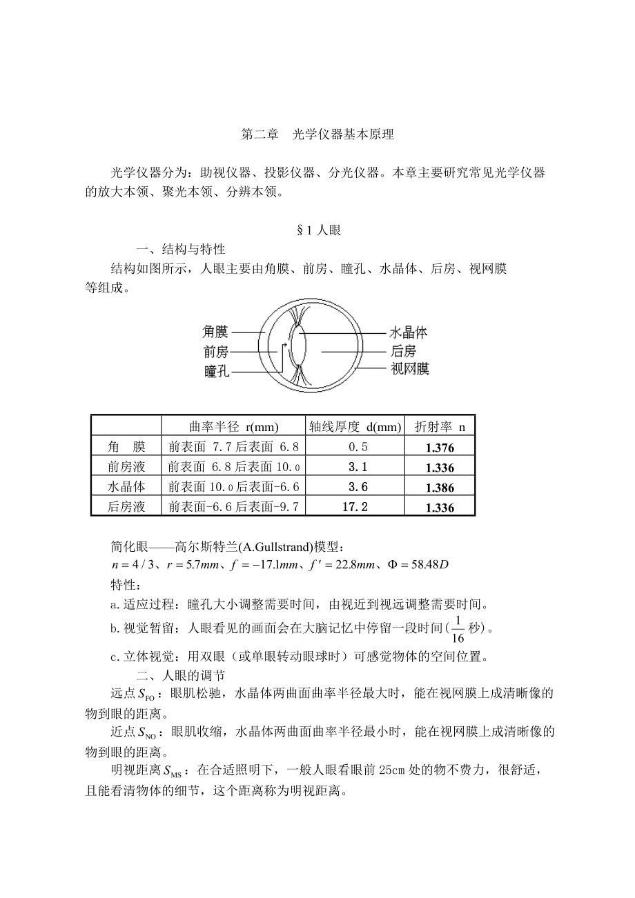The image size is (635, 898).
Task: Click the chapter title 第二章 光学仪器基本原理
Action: (317, 135)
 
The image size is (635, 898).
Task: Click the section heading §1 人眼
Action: (318, 230)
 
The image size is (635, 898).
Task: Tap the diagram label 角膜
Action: (215, 332)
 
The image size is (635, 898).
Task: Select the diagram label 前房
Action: (215, 352)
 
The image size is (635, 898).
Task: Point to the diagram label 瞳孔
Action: (216, 372)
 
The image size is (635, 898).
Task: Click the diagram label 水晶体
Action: (409, 332)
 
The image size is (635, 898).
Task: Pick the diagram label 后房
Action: (403, 351)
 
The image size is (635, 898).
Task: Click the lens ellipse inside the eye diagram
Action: (298, 348)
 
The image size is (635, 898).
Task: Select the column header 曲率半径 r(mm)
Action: (233, 427)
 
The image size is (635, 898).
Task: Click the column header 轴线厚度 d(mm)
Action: (355, 427)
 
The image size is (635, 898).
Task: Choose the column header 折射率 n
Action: (440, 427)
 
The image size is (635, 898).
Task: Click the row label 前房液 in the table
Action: (126, 467)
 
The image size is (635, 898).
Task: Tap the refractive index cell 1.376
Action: (440, 448)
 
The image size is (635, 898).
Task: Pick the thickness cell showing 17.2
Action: (355, 507)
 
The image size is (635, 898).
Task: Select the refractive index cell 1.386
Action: (440, 488)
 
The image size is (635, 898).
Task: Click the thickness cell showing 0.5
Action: (355, 447)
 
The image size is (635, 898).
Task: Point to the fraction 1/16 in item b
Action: (458, 628)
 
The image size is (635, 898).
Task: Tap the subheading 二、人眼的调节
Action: (181, 675)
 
